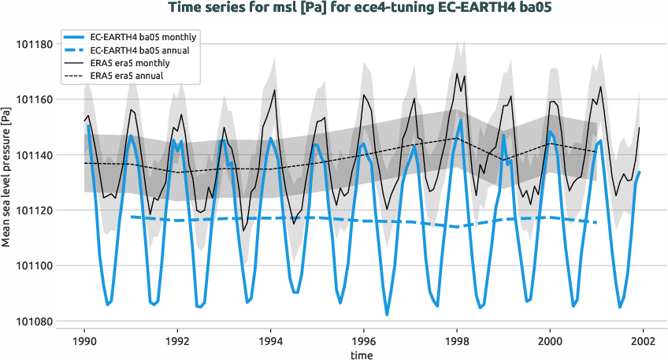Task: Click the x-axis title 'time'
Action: click(363, 354)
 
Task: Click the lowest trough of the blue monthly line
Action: click(387, 315)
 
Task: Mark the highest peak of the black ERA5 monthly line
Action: click(455, 73)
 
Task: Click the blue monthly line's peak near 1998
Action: click(460, 120)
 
